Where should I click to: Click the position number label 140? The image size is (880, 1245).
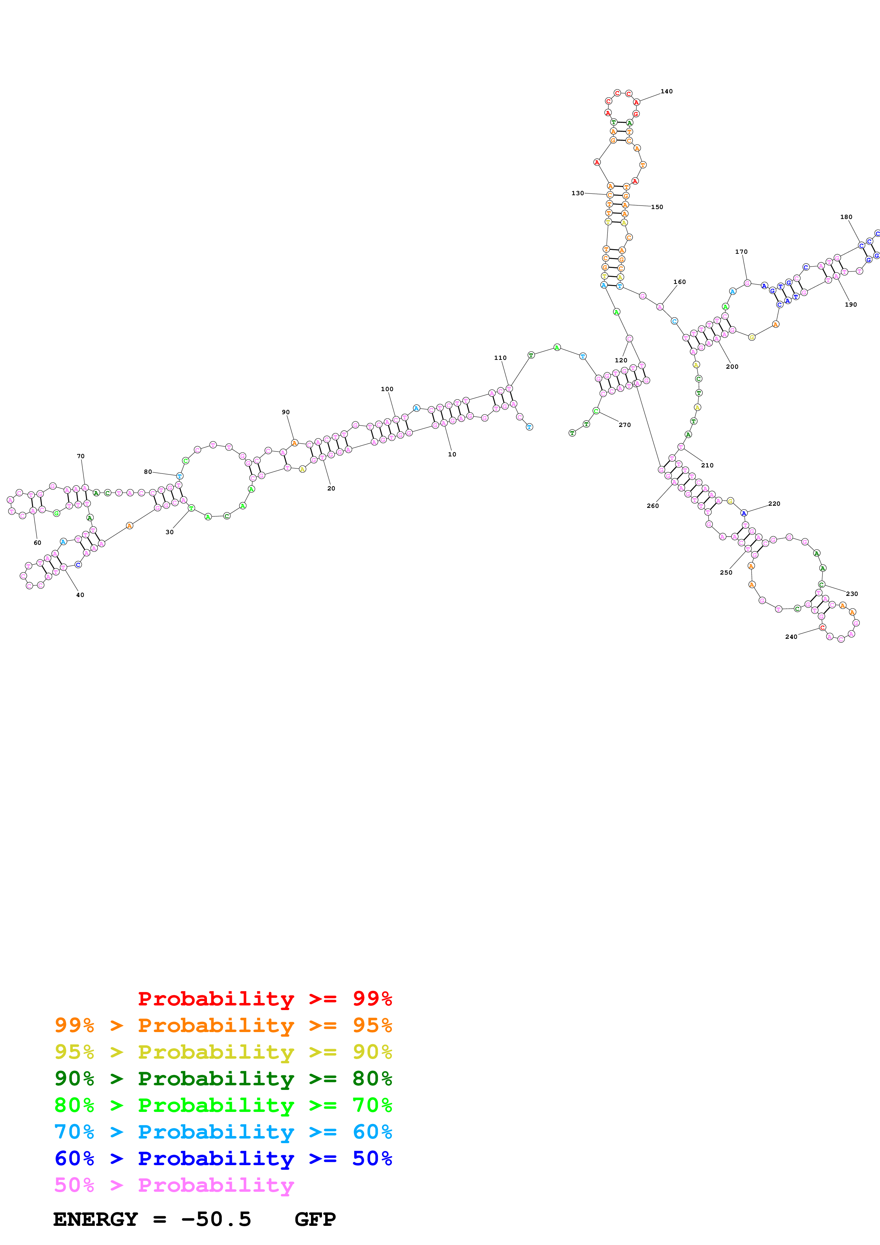tap(666, 92)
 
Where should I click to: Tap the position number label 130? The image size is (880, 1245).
tap(578, 193)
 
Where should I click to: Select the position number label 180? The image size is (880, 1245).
tap(846, 217)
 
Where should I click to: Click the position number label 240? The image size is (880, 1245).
tap(791, 637)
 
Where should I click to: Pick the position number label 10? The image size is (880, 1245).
tap(452, 454)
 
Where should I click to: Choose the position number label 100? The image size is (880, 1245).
tap(387, 389)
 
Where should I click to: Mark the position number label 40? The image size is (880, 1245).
tap(80, 595)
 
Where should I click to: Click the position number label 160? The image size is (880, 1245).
tap(679, 282)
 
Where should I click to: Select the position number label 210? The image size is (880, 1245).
tap(707, 465)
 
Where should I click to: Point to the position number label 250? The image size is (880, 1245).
tap(726, 572)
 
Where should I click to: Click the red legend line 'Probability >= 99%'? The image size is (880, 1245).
tap(264, 999)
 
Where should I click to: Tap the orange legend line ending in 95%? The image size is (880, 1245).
tap(223, 1025)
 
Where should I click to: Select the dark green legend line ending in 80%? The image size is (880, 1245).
tap(223, 1079)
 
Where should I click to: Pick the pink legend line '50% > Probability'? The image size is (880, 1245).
tap(174, 1185)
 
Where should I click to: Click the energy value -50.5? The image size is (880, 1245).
tap(216, 1219)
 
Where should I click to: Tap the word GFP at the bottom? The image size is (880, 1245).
tap(315, 1219)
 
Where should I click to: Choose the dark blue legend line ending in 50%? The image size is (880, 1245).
tap(223, 1158)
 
